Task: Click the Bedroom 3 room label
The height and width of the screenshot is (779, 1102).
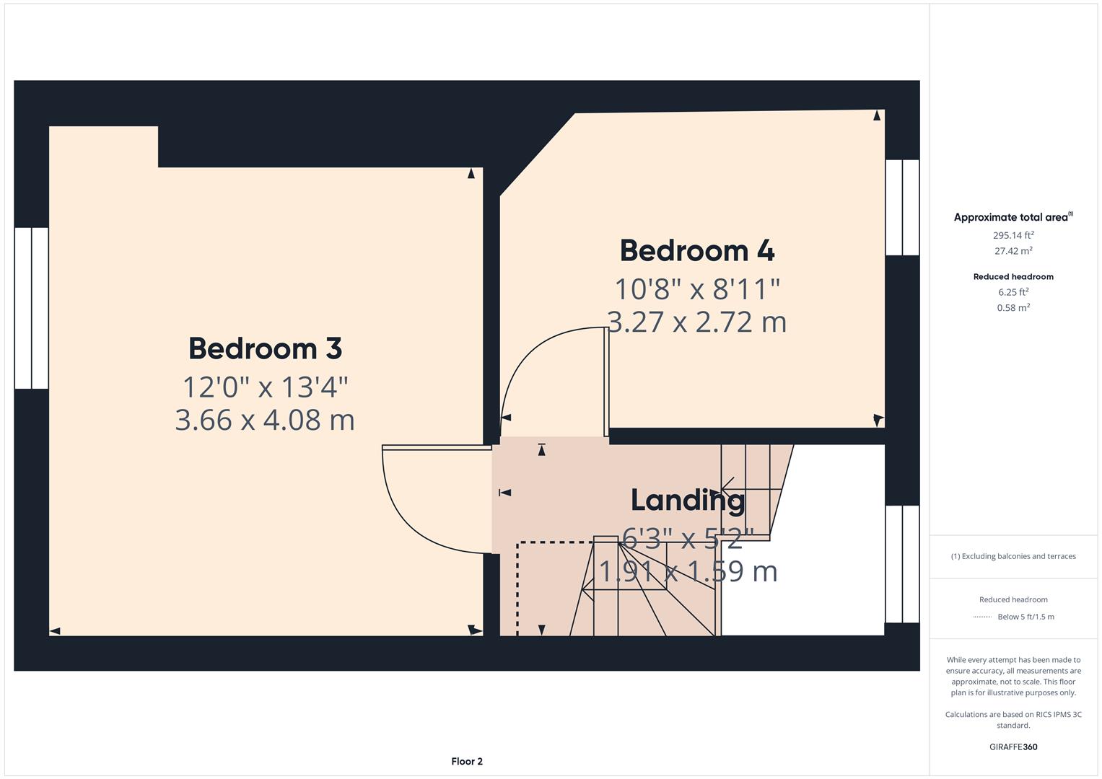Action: click(x=265, y=349)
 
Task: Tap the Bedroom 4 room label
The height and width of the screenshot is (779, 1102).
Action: click(x=697, y=251)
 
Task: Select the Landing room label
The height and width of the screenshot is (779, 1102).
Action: click(x=687, y=500)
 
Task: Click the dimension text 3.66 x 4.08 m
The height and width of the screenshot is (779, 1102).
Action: click(x=265, y=420)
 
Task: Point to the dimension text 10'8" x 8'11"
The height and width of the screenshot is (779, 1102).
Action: click(x=697, y=289)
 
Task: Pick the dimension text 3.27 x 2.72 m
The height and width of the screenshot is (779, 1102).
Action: click(x=697, y=322)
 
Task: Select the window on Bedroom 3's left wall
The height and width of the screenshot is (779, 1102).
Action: click(x=32, y=308)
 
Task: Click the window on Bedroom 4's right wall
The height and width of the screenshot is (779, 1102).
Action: click(x=902, y=208)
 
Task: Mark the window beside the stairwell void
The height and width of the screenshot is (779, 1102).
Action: click(x=902, y=564)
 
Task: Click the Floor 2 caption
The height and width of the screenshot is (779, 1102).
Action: click(x=467, y=761)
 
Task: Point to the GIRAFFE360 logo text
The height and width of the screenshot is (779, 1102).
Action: click(x=1013, y=747)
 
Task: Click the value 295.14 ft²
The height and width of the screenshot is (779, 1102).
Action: click(x=1013, y=235)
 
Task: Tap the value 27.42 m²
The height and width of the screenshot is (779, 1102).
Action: click(x=1013, y=251)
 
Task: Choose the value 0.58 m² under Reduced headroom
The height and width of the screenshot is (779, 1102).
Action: click(x=1013, y=307)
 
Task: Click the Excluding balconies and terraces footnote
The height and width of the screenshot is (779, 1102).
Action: click(x=1013, y=556)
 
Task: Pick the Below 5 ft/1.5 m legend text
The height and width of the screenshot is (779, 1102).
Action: click(x=1026, y=617)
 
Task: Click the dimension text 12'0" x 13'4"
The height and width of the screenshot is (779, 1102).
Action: click(x=265, y=387)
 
